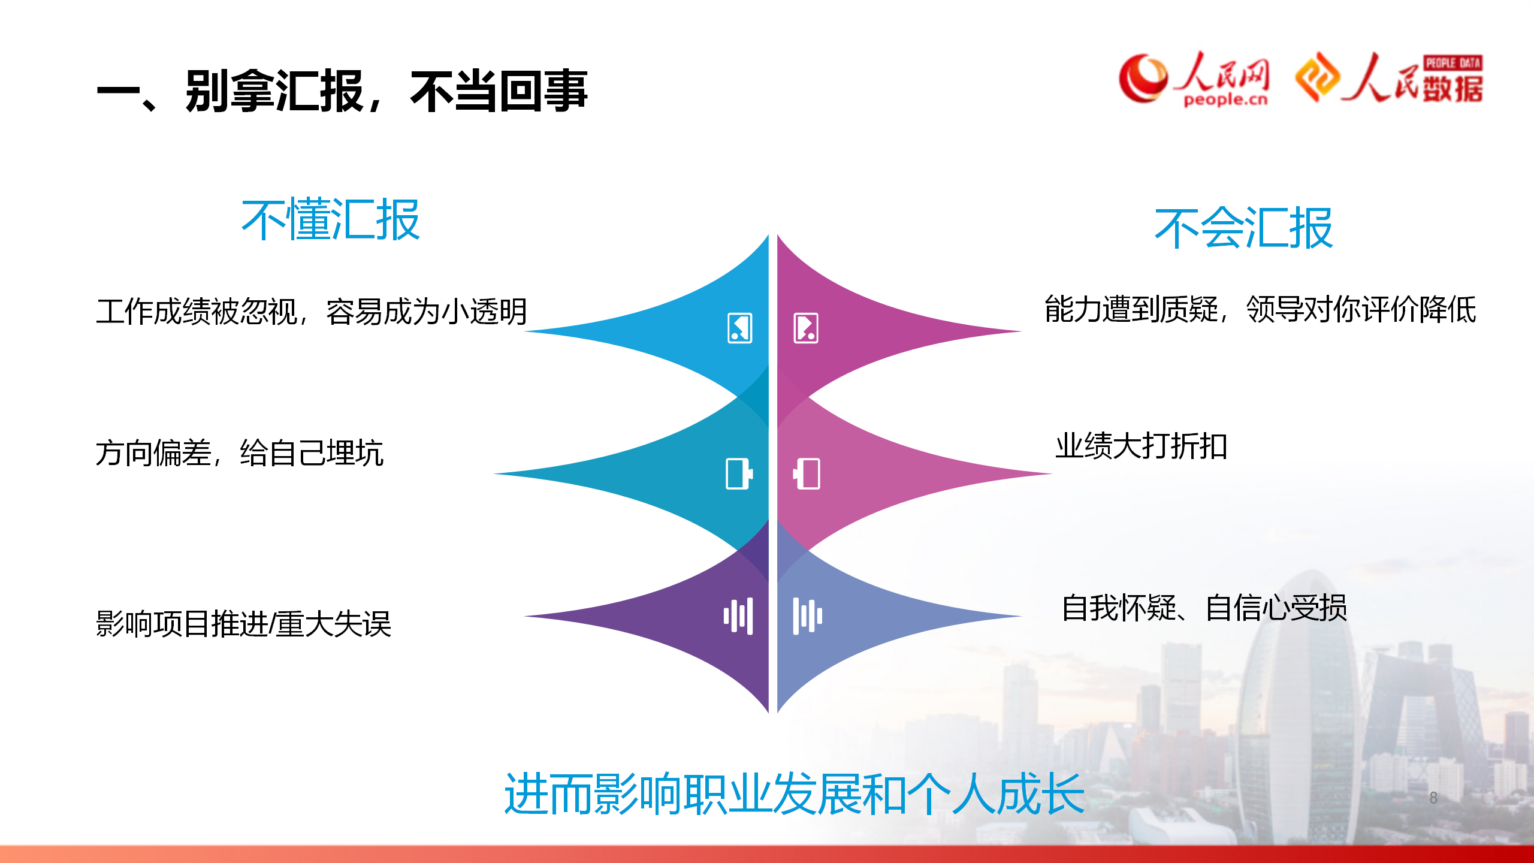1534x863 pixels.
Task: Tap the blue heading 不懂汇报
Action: [330, 220]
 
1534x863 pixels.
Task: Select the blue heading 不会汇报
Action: [1244, 228]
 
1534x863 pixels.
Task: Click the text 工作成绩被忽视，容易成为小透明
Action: [312, 312]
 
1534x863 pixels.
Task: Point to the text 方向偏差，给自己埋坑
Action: [240, 452]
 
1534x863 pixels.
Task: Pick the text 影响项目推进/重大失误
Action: [243, 624]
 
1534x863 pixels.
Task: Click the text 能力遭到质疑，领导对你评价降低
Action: [1260, 310]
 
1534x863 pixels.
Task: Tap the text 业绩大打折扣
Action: [1142, 446]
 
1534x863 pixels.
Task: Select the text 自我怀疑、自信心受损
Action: [1204, 608]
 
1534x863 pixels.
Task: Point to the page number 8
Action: [1433, 798]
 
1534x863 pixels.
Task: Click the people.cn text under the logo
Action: [1225, 99]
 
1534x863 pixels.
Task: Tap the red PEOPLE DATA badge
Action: [1453, 63]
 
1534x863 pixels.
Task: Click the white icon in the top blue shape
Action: [740, 328]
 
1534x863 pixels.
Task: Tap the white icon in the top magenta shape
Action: [806, 328]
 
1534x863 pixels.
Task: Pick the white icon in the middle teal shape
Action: [739, 474]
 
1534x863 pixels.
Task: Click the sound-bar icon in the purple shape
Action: [738, 615]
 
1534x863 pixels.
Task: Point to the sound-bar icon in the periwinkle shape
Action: [808, 615]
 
